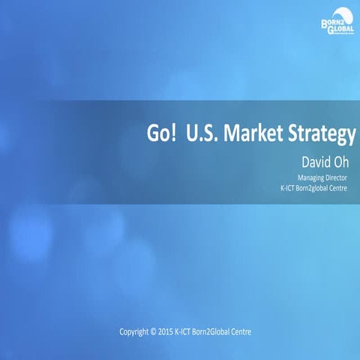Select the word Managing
(302, 178)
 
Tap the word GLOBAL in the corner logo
(340, 28)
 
